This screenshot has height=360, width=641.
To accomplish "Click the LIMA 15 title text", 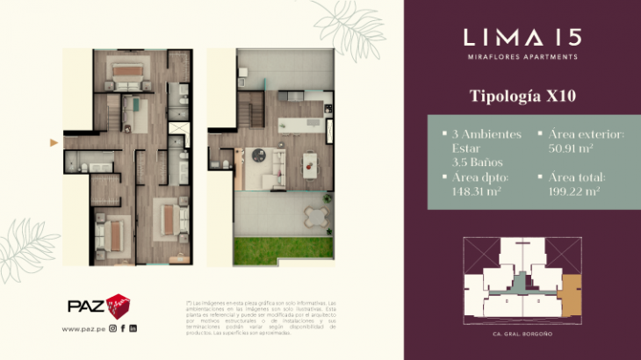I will pos(522,38).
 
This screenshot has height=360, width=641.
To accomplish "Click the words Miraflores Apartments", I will pos(522,57).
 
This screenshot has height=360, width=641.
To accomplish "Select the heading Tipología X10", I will pos(522,97).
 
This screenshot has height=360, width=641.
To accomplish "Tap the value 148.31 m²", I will pos(477,191).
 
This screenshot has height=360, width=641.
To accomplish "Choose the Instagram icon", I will pos(113,328).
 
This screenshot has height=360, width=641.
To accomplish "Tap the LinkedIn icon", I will pos(133,328).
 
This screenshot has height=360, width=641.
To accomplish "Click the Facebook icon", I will pos(124,328).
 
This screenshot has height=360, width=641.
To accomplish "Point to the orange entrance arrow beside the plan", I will pos(54,141).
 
